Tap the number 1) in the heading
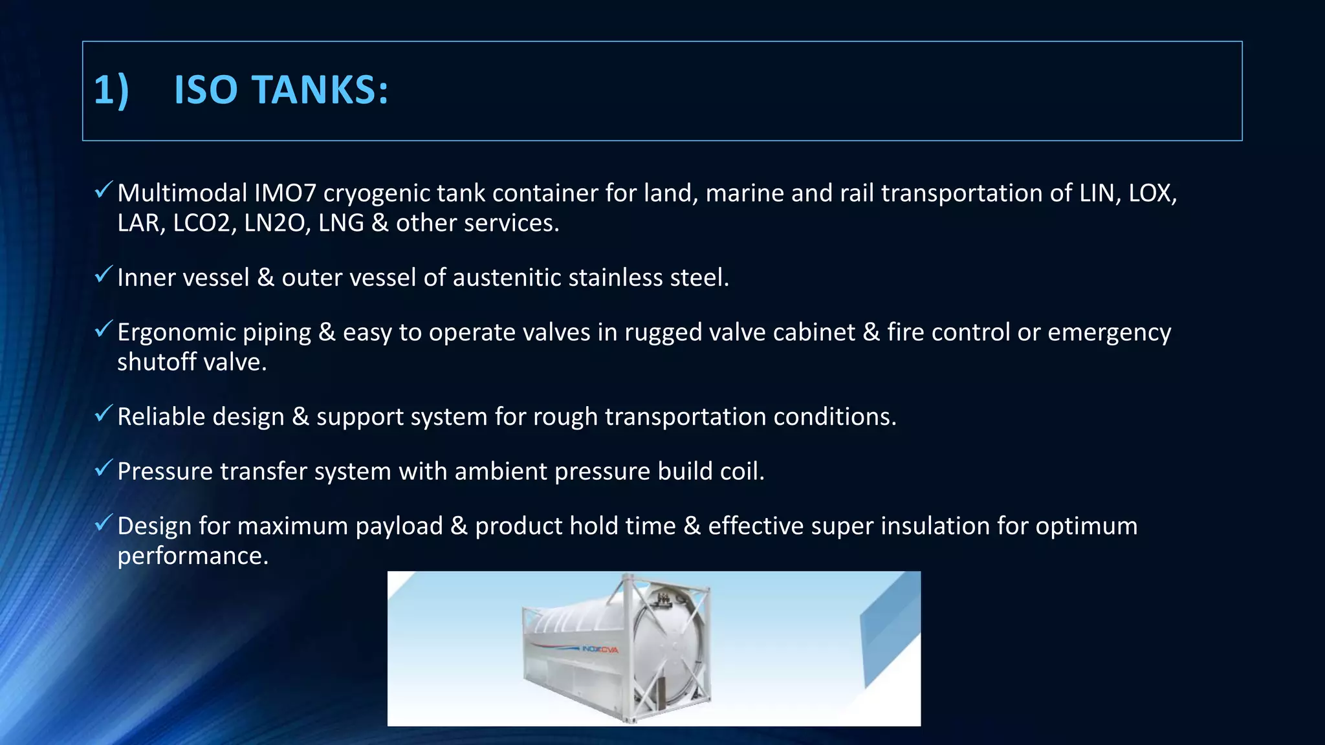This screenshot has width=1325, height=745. pyautogui.click(x=112, y=90)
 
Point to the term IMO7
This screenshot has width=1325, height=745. pyautogui.click(x=285, y=193)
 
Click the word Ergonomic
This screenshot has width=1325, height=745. pyautogui.click(x=182, y=332)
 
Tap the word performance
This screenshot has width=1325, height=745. pyautogui.click(x=192, y=556)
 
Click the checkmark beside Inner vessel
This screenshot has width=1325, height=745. pyautogui.click(x=104, y=275)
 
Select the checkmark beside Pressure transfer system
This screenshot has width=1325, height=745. pyautogui.click(x=104, y=469)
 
